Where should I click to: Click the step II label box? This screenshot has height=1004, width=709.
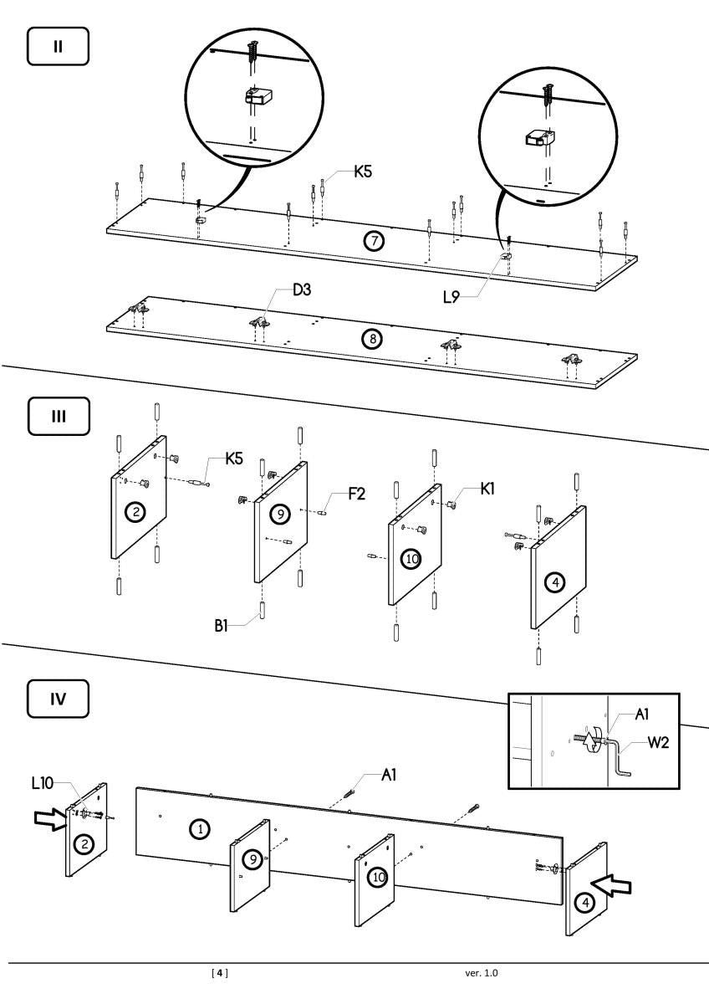pos(58,48)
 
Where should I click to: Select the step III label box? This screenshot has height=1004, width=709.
pos(58,416)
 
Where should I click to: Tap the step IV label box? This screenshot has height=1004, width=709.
pos(58,700)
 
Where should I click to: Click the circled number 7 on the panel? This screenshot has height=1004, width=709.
pos(373,241)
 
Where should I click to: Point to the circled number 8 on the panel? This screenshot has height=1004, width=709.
pos(371,339)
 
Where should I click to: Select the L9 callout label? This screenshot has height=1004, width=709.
pos(452,296)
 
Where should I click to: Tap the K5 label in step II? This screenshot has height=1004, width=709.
pos(362,172)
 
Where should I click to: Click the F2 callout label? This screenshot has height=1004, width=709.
pos(356,494)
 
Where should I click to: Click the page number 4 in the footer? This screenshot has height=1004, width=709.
pos(219,973)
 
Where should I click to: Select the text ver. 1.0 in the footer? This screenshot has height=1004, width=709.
pos(482,973)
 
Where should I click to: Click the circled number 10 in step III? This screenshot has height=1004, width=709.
pos(411,557)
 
